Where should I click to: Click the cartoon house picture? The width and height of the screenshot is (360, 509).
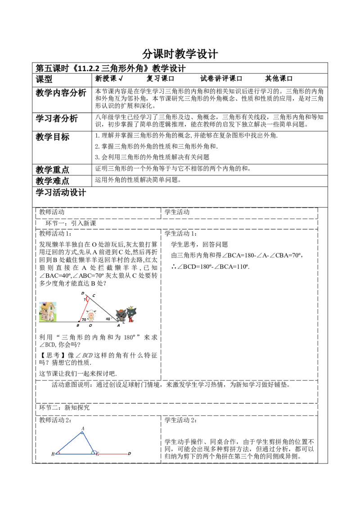tap(47, 311)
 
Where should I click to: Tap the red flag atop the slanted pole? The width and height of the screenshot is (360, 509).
tap(87, 297)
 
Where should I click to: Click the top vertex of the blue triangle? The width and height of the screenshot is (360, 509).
tap(82, 432)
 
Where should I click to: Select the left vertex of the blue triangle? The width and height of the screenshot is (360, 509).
tap(56, 454)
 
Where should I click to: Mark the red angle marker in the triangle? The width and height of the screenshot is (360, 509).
tap(59, 452)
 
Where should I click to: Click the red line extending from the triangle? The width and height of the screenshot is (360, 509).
tap(112, 455)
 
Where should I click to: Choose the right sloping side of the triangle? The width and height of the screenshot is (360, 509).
tap(88, 442)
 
